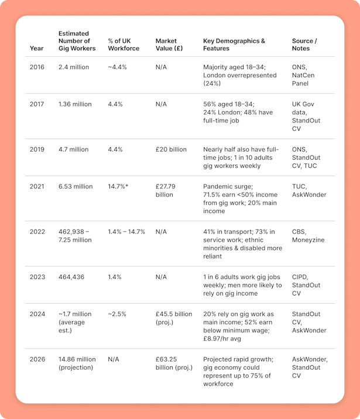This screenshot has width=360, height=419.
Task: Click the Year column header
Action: click(36, 49)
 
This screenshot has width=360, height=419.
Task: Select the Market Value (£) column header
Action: click(169, 44)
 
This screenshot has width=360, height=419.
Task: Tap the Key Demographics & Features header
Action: click(234, 44)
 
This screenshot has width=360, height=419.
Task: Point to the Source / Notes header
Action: click(304, 44)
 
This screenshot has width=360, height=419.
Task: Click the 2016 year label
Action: click(37, 67)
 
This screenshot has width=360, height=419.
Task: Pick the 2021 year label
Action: click(37, 187)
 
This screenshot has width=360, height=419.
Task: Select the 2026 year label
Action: click(37, 359)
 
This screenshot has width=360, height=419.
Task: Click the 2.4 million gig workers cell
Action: click(74, 67)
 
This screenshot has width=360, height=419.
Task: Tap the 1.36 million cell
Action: click(75, 104)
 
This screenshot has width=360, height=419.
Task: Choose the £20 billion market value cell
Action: click(171, 149)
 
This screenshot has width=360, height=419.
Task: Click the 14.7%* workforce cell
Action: click(118, 187)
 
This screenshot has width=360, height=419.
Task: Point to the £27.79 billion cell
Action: click(166, 191)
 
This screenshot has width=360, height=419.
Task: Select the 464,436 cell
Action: click(71, 277)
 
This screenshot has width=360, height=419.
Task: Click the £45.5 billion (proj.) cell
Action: click(174, 318)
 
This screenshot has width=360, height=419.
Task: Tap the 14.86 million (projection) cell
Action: click(77, 363)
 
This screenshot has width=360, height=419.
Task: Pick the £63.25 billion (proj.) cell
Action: click(174, 363)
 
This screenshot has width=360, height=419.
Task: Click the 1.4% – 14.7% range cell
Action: click(126, 232)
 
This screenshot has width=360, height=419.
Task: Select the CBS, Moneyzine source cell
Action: click(308, 236)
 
